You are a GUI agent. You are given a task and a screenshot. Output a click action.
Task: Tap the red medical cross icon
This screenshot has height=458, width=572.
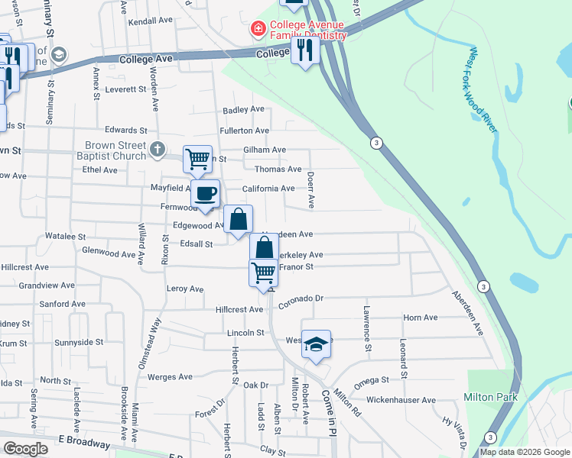pos(258,30)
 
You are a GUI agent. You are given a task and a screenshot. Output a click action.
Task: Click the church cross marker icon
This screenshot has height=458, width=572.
pos(157,148)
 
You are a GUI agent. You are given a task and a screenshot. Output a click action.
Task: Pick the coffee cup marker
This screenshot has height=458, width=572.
pos(205,194)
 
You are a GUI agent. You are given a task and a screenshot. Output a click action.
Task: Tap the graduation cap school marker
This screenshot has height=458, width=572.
pos(316,345)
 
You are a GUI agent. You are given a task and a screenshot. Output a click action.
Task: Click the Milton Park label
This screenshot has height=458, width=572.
pos(490,397)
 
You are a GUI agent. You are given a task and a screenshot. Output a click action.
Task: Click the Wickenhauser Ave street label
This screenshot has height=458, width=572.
pos(401,400)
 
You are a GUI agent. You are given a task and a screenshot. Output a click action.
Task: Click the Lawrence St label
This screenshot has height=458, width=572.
pos(367,329)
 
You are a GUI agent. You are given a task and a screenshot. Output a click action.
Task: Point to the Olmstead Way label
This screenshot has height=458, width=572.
pos(150,343)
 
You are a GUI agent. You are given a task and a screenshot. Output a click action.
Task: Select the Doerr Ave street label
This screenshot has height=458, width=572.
pos(311,189)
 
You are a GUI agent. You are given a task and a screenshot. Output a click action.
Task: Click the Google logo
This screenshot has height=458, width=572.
pos(26,449)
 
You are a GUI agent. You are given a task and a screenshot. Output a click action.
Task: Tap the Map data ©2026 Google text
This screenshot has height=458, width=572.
pos(524,452)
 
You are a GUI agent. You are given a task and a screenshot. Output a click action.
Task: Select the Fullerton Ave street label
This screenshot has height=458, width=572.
pos(245,131)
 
